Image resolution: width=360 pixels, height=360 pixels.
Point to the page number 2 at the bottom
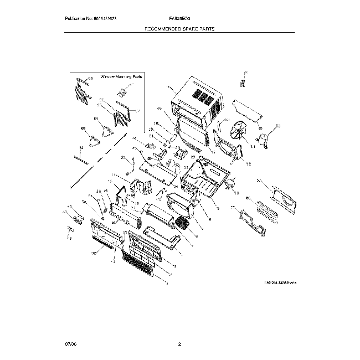pos(180,345)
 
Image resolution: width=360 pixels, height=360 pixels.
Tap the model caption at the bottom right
pos(280,282)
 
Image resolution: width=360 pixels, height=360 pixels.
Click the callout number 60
pos(84,128)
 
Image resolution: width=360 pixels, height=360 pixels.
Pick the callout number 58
pos(279,126)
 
